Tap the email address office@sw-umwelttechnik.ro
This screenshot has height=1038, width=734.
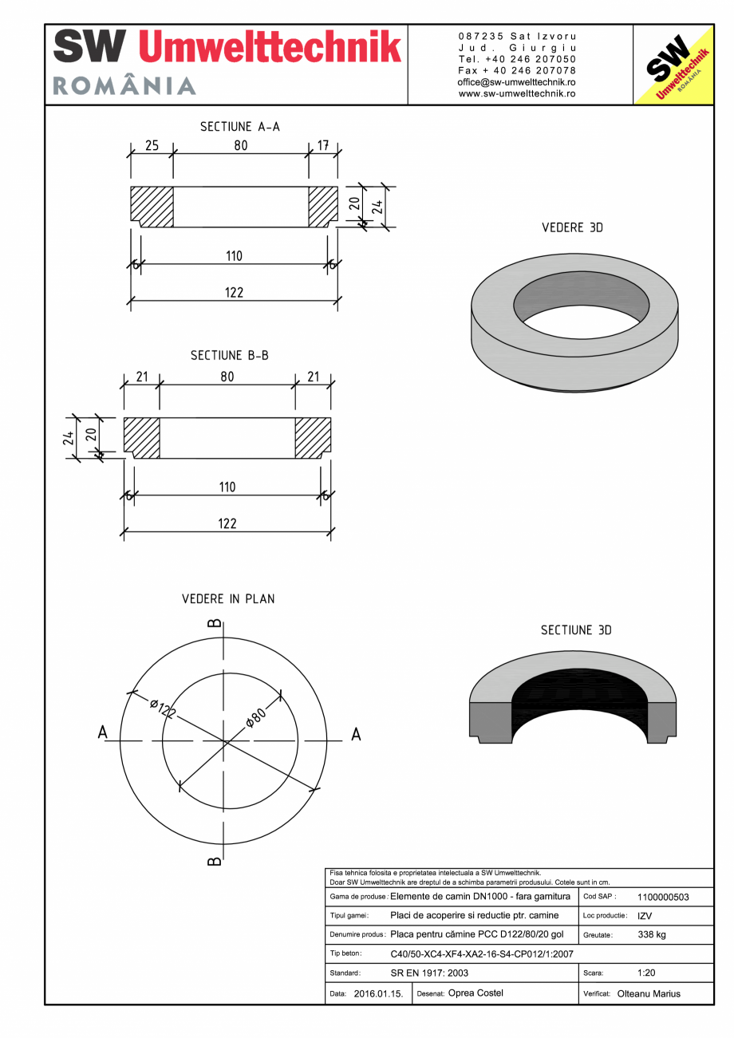point(517,82)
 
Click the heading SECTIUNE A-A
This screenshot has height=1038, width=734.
point(239,126)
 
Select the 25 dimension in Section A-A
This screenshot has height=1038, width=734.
point(152,145)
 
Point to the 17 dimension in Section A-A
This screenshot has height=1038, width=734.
point(323,145)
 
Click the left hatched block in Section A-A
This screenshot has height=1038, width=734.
point(152,206)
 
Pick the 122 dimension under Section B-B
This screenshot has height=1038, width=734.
point(227,523)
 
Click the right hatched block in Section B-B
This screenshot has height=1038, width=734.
point(313,437)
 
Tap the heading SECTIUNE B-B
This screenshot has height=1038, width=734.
point(229,355)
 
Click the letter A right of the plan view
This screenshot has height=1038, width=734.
point(356,734)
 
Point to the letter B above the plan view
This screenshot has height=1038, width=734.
point(214,623)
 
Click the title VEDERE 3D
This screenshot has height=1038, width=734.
point(572,227)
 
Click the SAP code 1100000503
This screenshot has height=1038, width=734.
point(663,897)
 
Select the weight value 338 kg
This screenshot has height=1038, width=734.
point(652,934)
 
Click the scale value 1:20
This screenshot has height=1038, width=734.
point(647,973)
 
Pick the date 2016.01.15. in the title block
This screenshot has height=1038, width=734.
point(378,994)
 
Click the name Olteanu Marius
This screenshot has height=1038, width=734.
point(649,994)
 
